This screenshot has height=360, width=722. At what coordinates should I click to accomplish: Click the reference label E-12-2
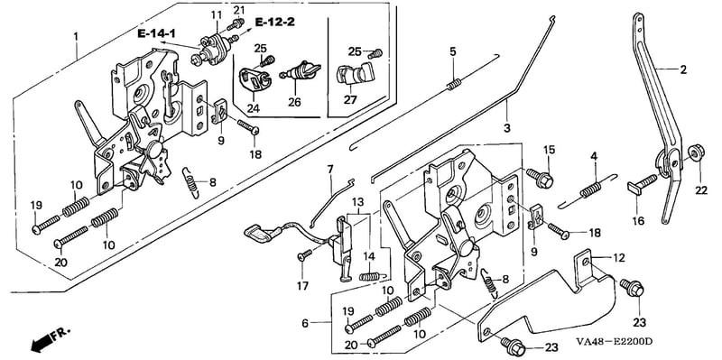tap(275, 21)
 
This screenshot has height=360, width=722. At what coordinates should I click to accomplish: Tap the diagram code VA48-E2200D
tap(615, 341)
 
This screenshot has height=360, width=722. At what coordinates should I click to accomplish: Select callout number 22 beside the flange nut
tap(700, 177)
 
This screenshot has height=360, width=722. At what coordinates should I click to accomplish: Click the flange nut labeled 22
tap(695, 152)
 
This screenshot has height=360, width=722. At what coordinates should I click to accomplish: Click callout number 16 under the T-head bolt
tap(638, 221)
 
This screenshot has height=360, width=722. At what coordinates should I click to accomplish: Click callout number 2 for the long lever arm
tap(683, 70)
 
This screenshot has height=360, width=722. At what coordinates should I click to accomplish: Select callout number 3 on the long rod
tap(507, 128)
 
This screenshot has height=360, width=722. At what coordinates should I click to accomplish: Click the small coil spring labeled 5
tap(453, 85)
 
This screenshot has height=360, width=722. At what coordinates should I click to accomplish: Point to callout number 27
tap(350, 99)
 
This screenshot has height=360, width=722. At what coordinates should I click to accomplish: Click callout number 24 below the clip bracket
tap(253, 108)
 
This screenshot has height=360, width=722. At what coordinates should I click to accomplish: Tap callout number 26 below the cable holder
tap(295, 102)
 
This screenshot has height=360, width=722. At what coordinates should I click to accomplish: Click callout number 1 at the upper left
tap(76, 36)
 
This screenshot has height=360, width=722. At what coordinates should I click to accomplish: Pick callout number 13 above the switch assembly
tap(357, 202)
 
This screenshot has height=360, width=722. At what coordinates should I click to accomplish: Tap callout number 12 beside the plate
tap(619, 258)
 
